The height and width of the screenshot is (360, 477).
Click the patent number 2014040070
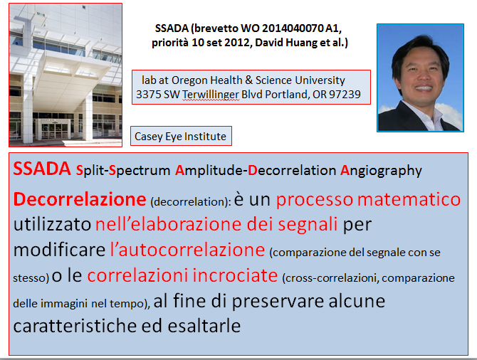click(x=293, y=28)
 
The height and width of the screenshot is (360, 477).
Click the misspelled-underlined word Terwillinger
click(x=211, y=95)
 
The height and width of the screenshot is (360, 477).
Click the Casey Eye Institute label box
click(x=181, y=136)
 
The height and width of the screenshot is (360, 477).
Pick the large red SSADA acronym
click(x=42, y=169)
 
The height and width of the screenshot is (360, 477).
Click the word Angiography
click(x=381, y=171)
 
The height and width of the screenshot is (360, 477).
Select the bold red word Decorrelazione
click(x=80, y=199)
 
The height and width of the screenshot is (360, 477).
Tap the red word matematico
click(x=409, y=200)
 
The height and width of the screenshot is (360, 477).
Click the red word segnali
click(x=308, y=225)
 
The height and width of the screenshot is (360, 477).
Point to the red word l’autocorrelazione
click(x=187, y=250)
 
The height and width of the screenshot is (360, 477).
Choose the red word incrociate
click(x=235, y=275)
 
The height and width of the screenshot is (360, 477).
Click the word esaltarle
click(x=204, y=326)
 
